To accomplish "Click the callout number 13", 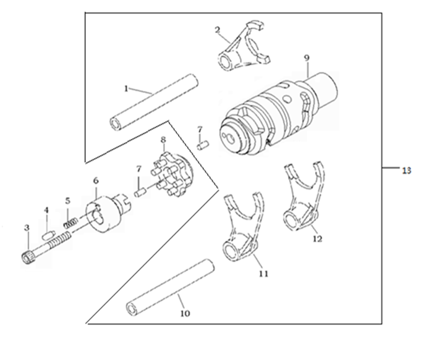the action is pyautogui.click(x=407, y=170).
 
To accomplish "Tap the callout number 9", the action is pyautogui.click(x=307, y=58).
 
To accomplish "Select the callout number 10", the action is pyautogui.click(x=185, y=313).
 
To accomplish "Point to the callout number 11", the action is pyautogui.click(x=264, y=274).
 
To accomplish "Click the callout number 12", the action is pyautogui.click(x=317, y=238).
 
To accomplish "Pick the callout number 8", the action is pyautogui.click(x=163, y=140).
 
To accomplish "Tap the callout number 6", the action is pyautogui.click(x=96, y=180).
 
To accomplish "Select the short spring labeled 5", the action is pyautogui.click(x=71, y=222).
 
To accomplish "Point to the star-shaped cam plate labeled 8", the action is pyautogui.click(x=172, y=175).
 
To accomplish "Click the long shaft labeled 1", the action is pyautogui.click(x=153, y=102).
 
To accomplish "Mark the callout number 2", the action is pyautogui.click(x=218, y=30).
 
